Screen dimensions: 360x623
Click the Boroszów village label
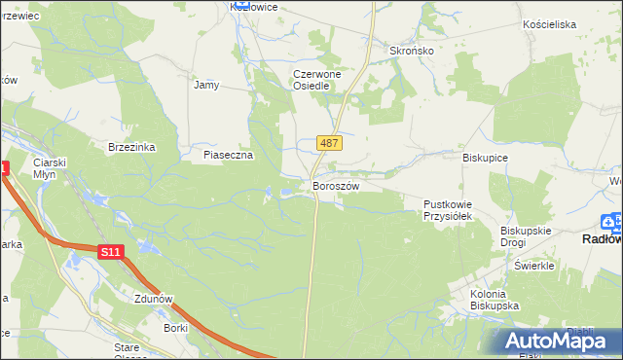[x=336, y=186]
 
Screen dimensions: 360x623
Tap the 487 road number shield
[x=329, y=143]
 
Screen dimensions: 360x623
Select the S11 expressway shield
[x=111, y=252]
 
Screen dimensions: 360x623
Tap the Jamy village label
[x=206, y=85]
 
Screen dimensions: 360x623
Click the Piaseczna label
[x=228, y=155]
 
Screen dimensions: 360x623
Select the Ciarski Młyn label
[x=48, y=168]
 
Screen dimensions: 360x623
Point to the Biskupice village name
[x=486, y=156]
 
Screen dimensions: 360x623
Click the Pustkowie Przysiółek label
[x=447, y=210]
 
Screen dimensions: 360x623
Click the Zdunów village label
[x=156, y=299]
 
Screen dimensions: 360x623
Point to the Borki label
[x=176, y=329]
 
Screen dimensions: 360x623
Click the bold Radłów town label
[x=602, y=238]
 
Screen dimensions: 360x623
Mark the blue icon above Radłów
[x=612, y=221]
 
